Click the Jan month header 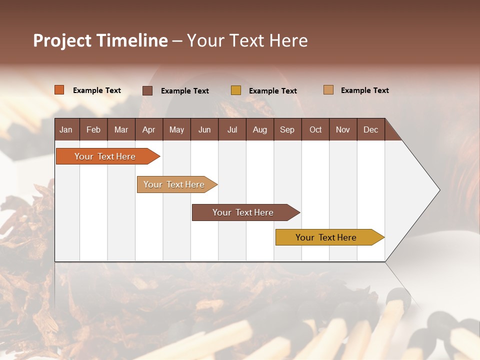pos(66,129)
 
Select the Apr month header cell pos(149,129)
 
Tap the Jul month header pos(232,129)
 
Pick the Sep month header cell pos(287,129)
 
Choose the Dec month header pos(370,129)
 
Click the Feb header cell pos(93,129)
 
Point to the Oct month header pos(315,129)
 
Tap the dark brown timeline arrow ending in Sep pos(243,212)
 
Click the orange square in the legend pos(59,90)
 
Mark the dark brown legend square pos(147,90)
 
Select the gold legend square pos(236,90)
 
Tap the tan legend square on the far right pos(328,90)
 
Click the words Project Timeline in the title pos(100,40)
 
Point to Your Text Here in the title pos(247,40)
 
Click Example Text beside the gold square pos(273,91)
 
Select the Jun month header pos(204,129)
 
